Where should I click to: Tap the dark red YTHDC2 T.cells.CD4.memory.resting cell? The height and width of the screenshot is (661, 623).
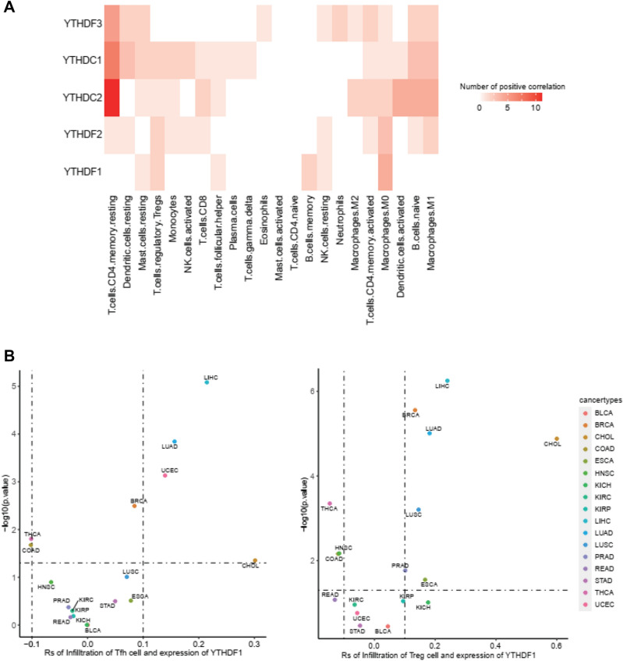pyautogui.click(x=111, y=98)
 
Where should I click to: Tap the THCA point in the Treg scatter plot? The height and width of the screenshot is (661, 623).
pyautogui.click(x=330, y=503)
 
